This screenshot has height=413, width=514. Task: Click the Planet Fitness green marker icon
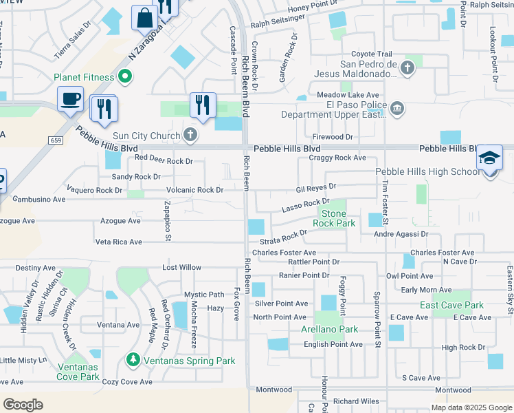pos(124,76)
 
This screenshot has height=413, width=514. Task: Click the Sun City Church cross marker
pos(191,134)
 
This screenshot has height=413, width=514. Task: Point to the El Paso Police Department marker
pos(396,109)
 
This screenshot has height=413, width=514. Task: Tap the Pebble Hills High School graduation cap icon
pos(490,158)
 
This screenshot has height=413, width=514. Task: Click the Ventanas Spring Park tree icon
pos(133,360)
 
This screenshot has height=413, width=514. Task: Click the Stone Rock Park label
pos(334,218)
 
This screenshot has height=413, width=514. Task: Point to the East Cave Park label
pos(452,305)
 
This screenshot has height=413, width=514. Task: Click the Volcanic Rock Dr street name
pos(194,190)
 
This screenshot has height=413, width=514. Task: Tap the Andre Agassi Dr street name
pos(401,234)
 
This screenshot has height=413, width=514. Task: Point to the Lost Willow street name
pos(181,267)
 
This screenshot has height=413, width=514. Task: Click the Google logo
pos(23,405)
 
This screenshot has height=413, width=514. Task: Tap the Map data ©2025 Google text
pos(471,407)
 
